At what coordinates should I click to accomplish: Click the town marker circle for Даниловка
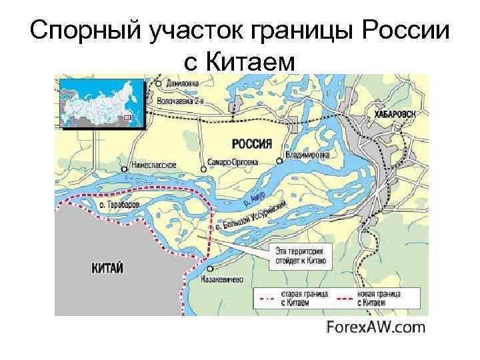158,83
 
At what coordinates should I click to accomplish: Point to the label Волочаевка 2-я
181,101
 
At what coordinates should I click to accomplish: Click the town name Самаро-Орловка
229,162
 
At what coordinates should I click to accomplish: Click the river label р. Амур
254,197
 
